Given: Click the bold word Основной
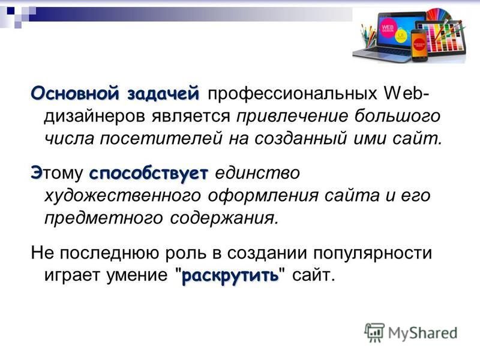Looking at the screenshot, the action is (74, 93).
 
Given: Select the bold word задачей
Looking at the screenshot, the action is (163, 94).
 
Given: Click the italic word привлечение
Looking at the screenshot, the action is (292, 116).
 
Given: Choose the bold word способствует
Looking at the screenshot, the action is (149, 173).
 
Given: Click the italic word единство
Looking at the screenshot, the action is (257, 173).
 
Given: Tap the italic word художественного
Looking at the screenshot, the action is (123, 196).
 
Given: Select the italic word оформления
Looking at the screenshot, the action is (263, 196).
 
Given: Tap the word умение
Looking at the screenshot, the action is (137, 275).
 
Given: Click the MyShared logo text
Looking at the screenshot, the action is (423, 333).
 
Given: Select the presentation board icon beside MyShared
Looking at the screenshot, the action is (374, 332).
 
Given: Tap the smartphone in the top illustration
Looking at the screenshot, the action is (419, 44).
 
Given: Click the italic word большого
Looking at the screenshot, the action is (398, 116).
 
